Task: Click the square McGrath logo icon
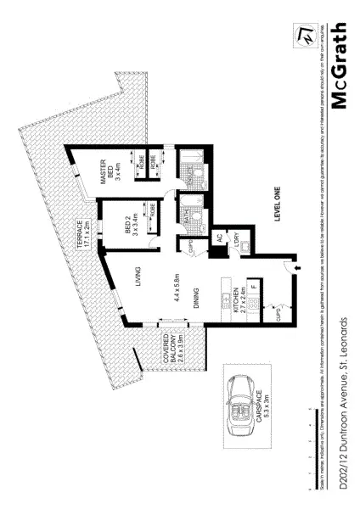point(301,31)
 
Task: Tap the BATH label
point(184,219)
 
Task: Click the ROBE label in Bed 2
point(153,209)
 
